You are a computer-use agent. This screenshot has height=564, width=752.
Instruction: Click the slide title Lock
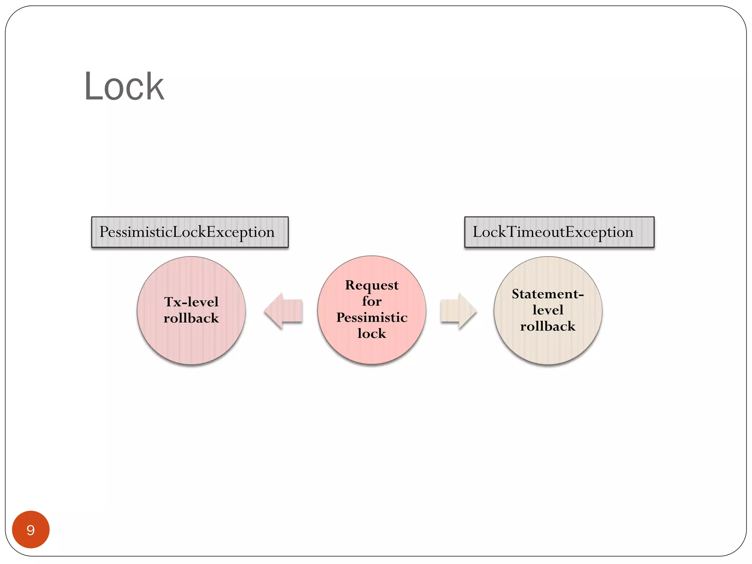(x=124, y=87)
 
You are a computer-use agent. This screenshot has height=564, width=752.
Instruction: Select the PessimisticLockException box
(x=189, y=232)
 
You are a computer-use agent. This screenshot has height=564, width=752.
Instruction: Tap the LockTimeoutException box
(x=559, y=232)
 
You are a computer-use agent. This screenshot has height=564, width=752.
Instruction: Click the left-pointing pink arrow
(x=283, y=311)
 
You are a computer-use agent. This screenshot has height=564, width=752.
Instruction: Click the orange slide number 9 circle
(x=31, y=529)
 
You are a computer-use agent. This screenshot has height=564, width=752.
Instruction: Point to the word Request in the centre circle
(x=372, y=285)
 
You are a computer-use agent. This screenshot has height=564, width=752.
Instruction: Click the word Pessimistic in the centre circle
(x=372, y=318)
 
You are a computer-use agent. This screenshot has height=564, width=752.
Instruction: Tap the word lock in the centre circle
(x=372, y=333)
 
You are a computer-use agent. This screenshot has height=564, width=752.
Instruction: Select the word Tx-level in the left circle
(x=191, y=302)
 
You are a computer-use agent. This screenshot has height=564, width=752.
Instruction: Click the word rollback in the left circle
(x=191, y=318)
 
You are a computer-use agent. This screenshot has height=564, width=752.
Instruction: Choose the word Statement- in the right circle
(x=547, y=294)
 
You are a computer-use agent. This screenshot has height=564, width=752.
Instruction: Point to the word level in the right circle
(x=547, y=310)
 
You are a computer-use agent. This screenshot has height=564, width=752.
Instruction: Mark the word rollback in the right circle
(x=547, y=326)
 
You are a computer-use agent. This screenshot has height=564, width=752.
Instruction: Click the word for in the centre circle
(x=372, y=301)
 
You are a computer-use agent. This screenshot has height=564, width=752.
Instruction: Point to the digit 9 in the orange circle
(x=31, y=530)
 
